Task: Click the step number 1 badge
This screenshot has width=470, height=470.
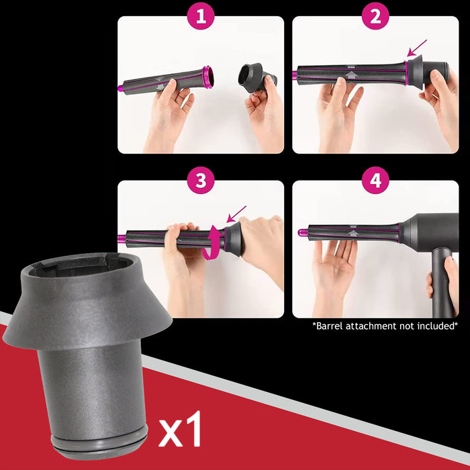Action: click(x=201, y=17)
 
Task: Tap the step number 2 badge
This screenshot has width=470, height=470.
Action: click(x=375, y=17)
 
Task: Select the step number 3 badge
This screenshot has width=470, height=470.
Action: click(x=201, y=181)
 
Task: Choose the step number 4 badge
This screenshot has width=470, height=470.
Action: click(x=375, y=181)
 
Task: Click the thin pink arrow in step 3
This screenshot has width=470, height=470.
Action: click(x=236, y=214)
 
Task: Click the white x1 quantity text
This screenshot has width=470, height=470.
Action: click(x=181, y=432)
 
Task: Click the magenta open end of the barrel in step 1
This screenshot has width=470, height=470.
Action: click(x=207, y=77)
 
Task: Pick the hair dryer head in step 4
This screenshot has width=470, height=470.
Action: click(x=430, y=232)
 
